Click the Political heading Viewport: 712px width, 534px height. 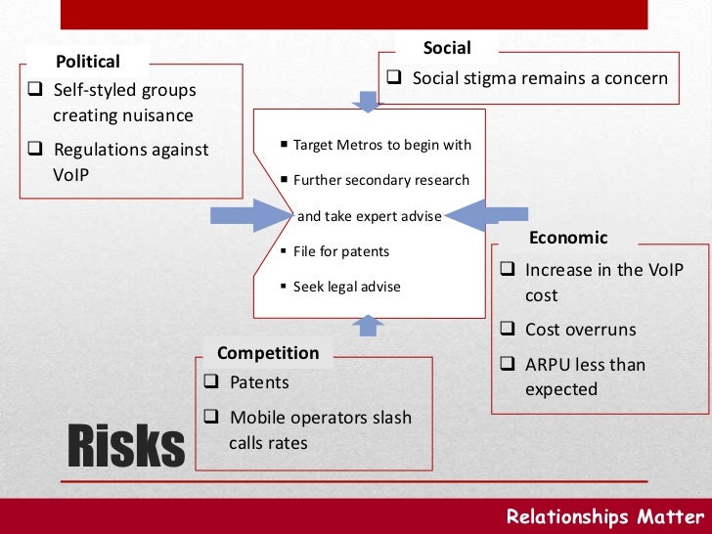[x=88, y=62]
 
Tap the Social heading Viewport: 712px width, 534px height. [x=446, y=48]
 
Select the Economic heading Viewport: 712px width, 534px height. [x=568, y=238]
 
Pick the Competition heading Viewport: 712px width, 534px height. [x=268, y=353]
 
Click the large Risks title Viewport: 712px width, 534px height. [x=125, y=446]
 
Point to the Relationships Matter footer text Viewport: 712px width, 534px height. [x=604, y=517]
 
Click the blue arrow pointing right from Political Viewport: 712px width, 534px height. [x=245, y=215]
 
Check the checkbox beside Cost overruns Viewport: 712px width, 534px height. [x=508, y=330]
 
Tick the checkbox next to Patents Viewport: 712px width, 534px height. [x=212, y=382]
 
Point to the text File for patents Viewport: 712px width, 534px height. [x=341, y=251]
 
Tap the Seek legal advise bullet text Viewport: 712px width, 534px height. [x=346, y=288]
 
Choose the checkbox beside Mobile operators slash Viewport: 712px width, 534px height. [x=212, y=418]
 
